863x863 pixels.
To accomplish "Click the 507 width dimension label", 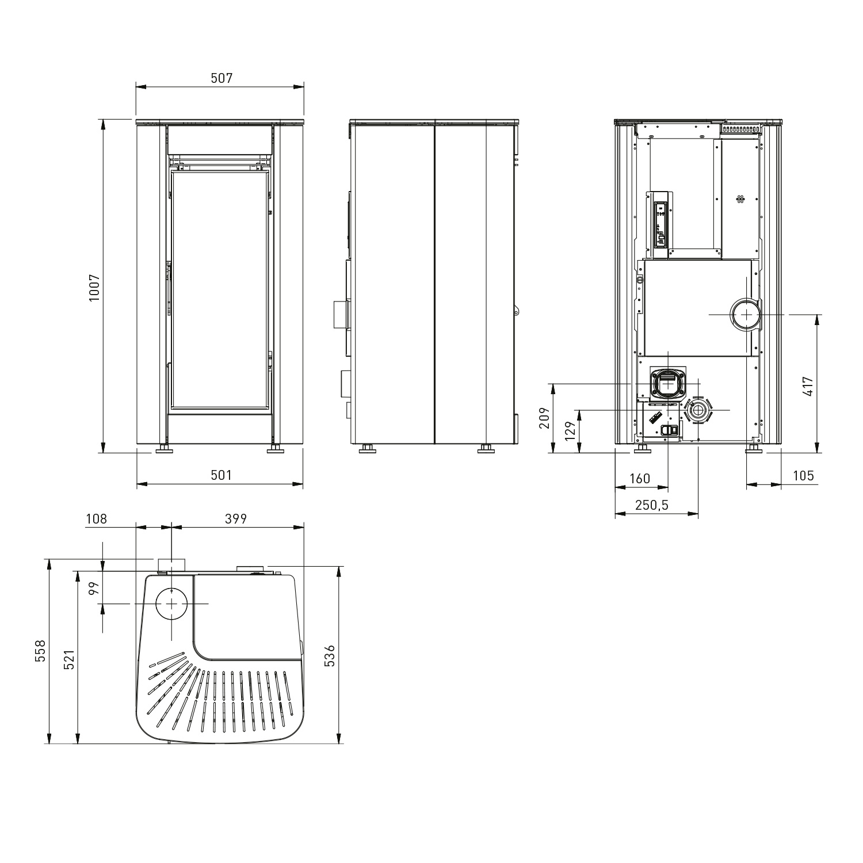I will pos(222,78).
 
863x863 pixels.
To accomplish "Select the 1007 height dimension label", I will pos(95,287).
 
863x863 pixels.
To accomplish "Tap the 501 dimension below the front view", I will pos(221,475).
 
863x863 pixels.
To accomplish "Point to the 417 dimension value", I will pos(808,386).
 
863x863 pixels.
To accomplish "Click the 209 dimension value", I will pos(544,418).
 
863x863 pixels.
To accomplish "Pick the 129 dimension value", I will pos(570,431).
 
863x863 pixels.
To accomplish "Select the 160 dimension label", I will pos(640,479).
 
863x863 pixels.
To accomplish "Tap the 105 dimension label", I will pos(803,475).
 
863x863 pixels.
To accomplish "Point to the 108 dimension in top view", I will pos(96,518).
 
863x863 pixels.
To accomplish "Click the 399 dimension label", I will pos(236,518).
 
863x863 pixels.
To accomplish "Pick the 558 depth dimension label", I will pos(40,651).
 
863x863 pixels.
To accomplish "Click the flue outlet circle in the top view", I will pos(171,603).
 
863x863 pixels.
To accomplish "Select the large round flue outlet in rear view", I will pos(746,315).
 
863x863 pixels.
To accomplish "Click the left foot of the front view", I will pos(165,449).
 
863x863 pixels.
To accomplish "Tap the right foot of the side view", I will pos(486,449).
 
